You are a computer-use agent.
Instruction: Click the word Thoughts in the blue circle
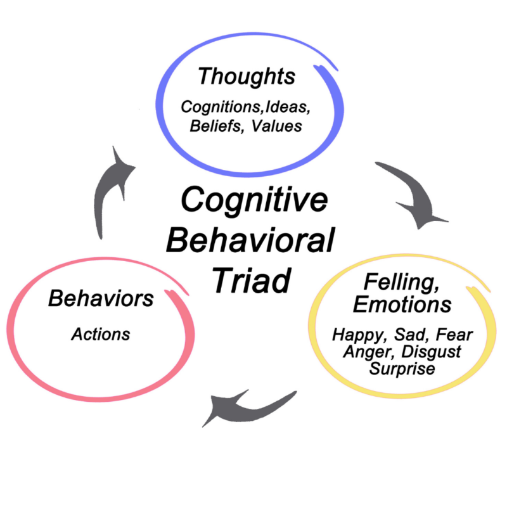[246, 77]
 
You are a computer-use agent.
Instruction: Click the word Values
[276, 125]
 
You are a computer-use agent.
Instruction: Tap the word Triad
[251, 279]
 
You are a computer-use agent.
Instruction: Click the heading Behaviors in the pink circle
[101, 298]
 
